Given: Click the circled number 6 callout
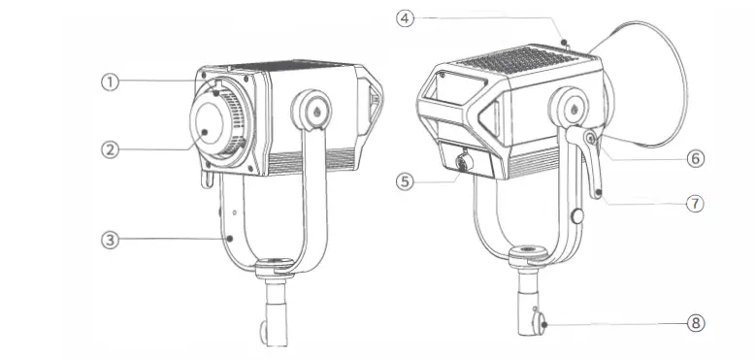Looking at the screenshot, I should pyautogui.click(x=694, y=156).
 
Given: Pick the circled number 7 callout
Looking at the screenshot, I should pyautogui.click(x=694, y=204).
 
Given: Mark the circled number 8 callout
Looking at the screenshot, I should pyautogui.click(x=694, y=322).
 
